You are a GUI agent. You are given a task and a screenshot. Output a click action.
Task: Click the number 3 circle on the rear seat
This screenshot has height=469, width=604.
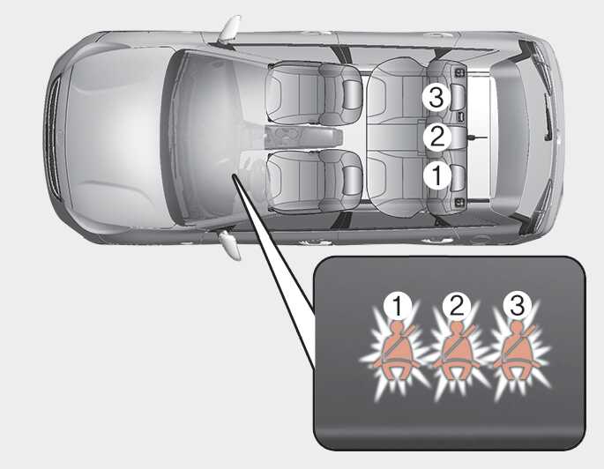[436, 98]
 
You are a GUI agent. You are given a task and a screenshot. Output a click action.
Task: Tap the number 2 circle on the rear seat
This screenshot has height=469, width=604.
[436, 137]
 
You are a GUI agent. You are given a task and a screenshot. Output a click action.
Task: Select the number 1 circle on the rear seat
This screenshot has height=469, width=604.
[436, 175]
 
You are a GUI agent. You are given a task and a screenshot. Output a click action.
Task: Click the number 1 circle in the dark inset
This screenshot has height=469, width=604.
[398, 306]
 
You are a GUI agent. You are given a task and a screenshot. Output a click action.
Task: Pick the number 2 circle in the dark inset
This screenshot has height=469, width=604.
[456, 306]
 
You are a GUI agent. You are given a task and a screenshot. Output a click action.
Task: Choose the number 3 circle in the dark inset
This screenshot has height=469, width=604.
[517, 306]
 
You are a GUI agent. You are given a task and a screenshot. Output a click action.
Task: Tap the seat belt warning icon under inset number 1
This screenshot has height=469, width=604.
[396, 352]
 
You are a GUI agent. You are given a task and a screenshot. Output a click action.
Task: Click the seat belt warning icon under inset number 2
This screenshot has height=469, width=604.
[457, 352]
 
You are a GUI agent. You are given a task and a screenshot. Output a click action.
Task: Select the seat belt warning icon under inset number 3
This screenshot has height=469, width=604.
[516, 352]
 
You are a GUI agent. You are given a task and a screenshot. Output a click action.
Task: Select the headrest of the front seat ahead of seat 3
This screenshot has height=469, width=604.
[352, 94]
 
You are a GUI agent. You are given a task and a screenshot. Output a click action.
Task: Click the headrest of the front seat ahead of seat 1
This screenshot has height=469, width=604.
[352, 180]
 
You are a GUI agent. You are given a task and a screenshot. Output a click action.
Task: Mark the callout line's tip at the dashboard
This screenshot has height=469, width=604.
[233, 175]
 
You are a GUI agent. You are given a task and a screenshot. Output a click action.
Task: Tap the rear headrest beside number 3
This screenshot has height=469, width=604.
[458, 98]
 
